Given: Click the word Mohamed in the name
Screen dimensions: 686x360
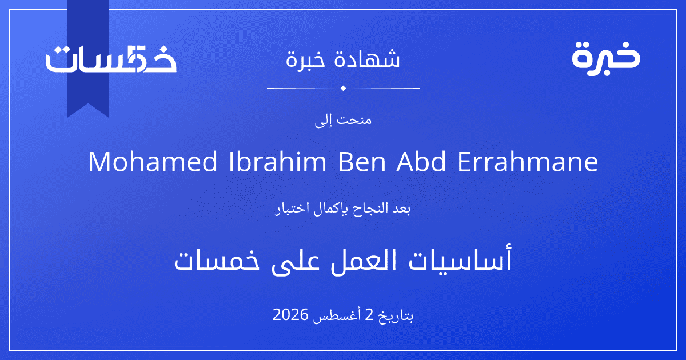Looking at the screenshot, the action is [x=153, y=162].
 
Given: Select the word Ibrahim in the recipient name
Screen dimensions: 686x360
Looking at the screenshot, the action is [x=277, y=162].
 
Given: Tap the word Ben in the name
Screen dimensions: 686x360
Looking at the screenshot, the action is [x=361, y=162].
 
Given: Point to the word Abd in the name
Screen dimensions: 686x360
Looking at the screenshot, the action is [x=421, y=162].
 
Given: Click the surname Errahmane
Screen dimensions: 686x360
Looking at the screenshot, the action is [x=527, y=162].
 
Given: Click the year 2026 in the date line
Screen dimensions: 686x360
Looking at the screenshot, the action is [x=290, y=314].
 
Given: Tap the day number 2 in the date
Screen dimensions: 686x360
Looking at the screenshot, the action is [x=369, y=314].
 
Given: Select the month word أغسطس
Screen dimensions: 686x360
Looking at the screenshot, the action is [x=337, y=315].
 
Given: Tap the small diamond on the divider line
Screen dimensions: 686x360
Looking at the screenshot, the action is [x=343, y=88].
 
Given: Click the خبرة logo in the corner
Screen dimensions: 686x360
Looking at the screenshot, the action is [x=606, y=58].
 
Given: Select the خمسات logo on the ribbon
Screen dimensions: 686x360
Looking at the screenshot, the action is [x=111, y=58].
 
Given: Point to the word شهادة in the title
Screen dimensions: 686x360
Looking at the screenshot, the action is [x=367, y=58].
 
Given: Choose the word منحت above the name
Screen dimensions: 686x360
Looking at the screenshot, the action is [x=354, y=120].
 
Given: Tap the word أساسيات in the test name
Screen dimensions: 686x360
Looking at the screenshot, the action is [x=460, y=259].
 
